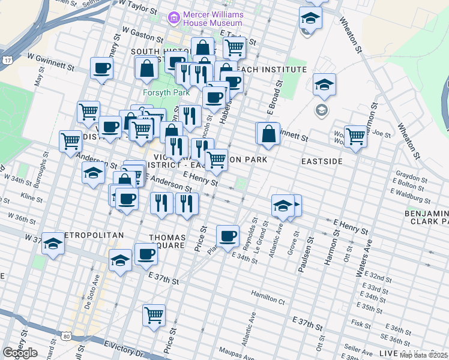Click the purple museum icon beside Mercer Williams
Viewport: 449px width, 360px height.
pos(174,17)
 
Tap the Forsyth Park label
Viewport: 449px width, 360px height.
pos(166,92)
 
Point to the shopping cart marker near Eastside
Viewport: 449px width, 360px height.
pos(355,137)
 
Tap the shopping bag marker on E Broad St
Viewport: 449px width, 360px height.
pos(269,134)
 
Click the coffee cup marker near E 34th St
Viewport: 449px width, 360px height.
pos(228,236)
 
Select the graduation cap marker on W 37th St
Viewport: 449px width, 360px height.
pos(53,244)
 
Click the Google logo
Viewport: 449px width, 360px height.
pos(20,353)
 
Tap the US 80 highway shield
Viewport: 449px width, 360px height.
pos(67,335)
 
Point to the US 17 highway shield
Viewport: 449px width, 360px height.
pos(7,61)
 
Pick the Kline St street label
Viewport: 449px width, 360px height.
pos(28,196)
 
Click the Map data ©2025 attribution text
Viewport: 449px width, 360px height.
pos(423,355)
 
